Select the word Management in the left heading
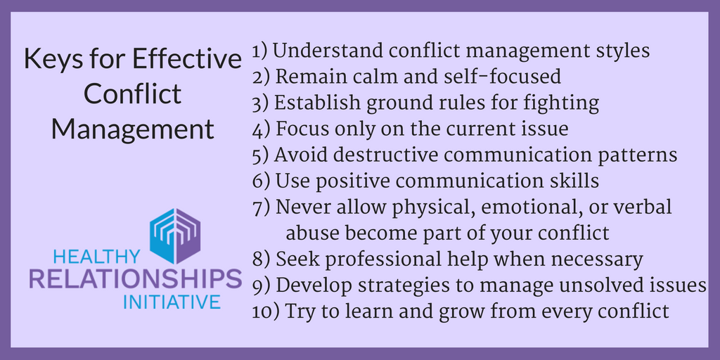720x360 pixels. [x=133, y=129]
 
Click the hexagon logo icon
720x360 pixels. [x=175, y=236]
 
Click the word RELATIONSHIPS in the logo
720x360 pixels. [x=136, y=280]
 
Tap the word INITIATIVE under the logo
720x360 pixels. [x=172, y=302]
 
